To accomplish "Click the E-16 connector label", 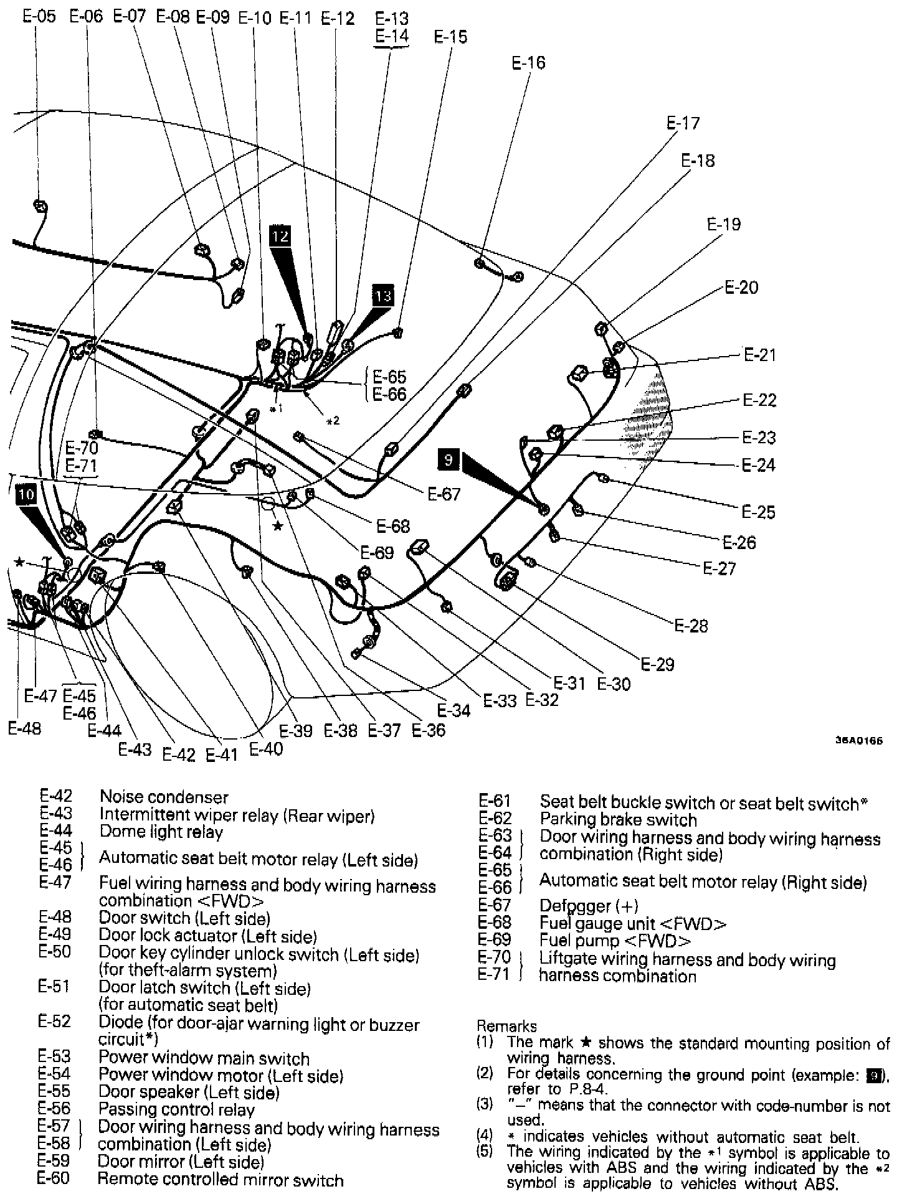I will click(528, 63).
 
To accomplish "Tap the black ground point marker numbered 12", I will click(280, 236).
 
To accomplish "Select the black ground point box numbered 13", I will click(384, 295).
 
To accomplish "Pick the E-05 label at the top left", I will click(39, 16).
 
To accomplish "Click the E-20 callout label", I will click(741, 288).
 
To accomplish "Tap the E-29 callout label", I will click(657, 664).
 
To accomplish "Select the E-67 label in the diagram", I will click(444, 494).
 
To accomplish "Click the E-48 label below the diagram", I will click(25, 728).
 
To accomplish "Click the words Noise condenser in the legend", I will click(164, 797).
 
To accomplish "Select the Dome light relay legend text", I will click(161, 832).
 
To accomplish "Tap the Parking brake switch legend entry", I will click(618, 820).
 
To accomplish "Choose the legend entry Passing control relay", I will click(176, 1109).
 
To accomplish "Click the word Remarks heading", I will click(506, 1026).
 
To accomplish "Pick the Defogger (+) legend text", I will click(589, 906).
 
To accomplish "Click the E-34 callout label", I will click(453, 710).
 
